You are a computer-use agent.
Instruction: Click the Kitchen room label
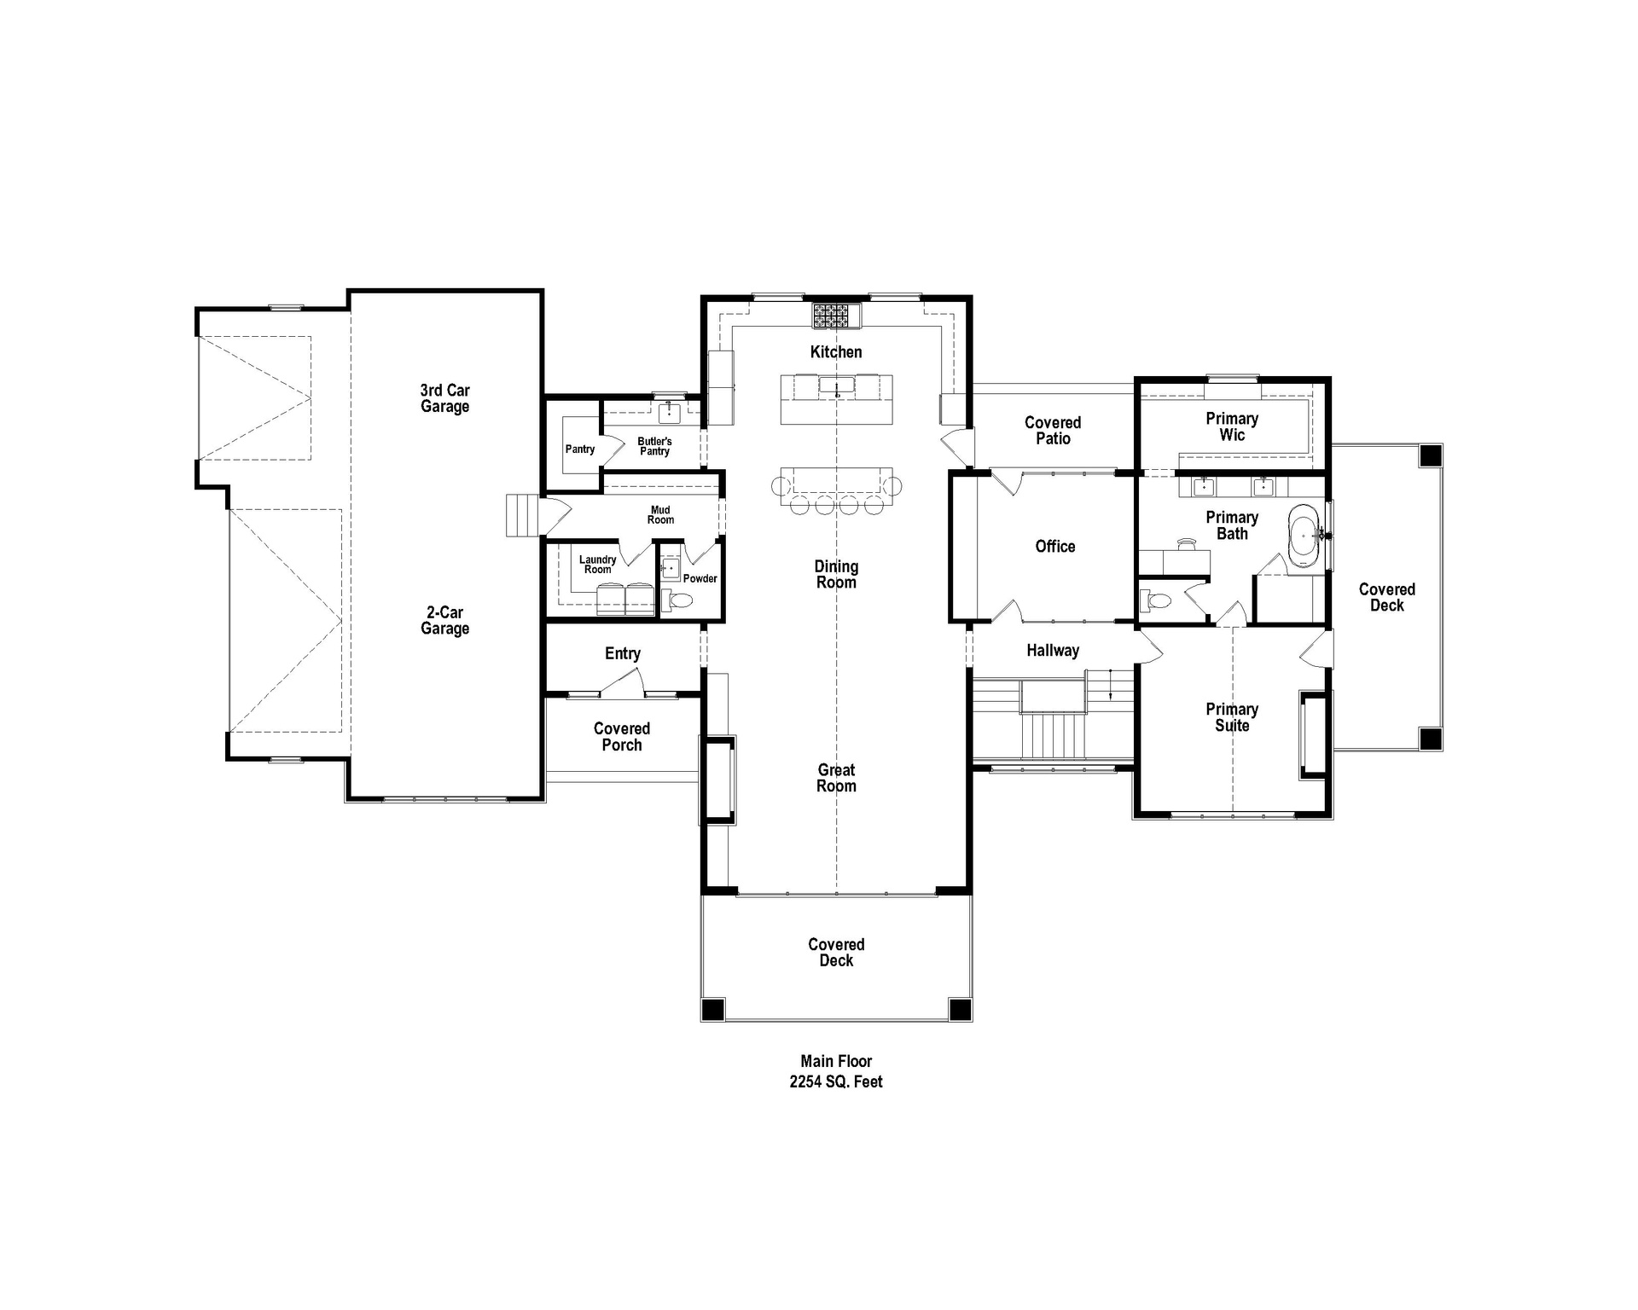(835, 352)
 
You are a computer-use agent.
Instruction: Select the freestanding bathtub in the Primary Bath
(1303, 536)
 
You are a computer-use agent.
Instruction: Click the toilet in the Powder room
(679, 601)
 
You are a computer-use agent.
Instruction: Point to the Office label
(1054, 547)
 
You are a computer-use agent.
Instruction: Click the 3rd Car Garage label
(444, 398)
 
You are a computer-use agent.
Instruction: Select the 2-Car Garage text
(444, 620)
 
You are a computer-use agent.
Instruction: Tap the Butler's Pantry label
(654, 446)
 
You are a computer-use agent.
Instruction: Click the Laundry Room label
(597, 565)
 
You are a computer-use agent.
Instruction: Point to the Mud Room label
(660, 515)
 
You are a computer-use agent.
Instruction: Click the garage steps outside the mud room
(523, 515)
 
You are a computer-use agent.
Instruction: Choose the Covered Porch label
(621, 737)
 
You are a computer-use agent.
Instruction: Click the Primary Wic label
(1231, 426)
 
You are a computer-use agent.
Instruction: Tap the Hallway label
(1052, 651)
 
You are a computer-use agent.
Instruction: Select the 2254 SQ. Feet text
(835, 1082)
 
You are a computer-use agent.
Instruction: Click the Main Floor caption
(835, 1062)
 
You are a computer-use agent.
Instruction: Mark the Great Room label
(835, 778)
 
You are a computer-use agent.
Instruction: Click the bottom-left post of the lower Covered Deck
(712, 1009)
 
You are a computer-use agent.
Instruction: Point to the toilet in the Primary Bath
(1157, 601)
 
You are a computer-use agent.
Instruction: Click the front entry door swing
(624, 682)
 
